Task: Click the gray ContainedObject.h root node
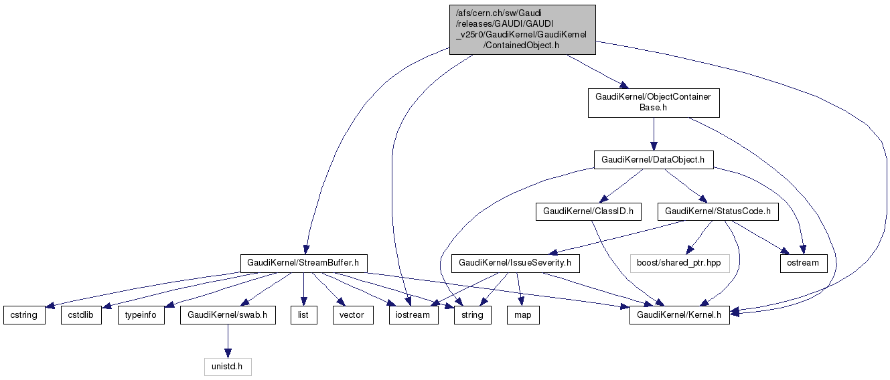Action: click(522, 29)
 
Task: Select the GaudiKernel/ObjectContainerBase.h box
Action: click(654, 103)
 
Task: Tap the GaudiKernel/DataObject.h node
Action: click(654, 160)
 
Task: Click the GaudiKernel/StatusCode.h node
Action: click(718, 212)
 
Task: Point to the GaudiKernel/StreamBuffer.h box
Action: click(304, 263)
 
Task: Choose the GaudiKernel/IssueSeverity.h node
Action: click(515, 263)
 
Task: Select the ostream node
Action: click(803, 263)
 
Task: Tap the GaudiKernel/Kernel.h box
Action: click(680, 315)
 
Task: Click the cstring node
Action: click(24, 315)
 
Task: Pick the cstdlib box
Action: click(82, 315)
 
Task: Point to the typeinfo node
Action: click(141, 315)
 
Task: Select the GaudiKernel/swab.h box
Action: click(228, 315)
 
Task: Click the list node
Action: click(303, 315)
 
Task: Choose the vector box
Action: click(352, 315)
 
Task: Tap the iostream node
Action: click(414, 315)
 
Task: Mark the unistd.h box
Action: click(228, 367)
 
